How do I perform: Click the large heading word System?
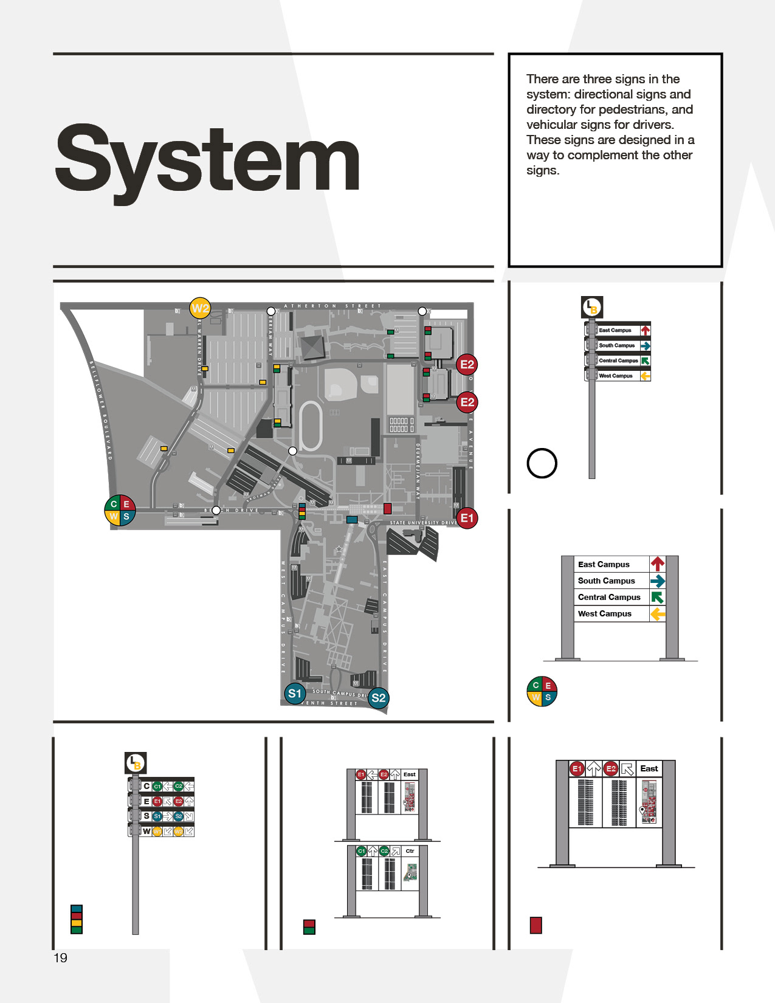click(x=207, y=159)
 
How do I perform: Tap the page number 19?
click(x=60, y=958)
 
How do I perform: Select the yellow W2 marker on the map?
click(x=200, y=308)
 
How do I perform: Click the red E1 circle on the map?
click(x=467, y=518)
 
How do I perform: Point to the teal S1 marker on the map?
click(x=295, y=694)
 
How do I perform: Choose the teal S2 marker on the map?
click(x=378, y=698)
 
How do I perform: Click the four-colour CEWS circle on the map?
click(x=120, y=510)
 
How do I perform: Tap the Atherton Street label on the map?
click(x=332, y=306)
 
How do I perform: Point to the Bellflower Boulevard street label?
click(x=101, y=410)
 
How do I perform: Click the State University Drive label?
click(x=423, y=523)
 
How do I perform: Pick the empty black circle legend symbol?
click(x=542, y=463)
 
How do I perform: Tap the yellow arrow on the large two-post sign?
click(x=658, y=614)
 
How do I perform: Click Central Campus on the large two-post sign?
click(x=609, y=598)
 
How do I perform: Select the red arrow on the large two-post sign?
click(x=658, y=564)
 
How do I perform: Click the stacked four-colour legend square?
click(x=77, y=919)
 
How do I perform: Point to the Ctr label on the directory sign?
click(x=410, y=851)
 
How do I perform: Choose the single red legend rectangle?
click(x=536, y=925)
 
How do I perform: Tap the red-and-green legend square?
click(x=309, y=927)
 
